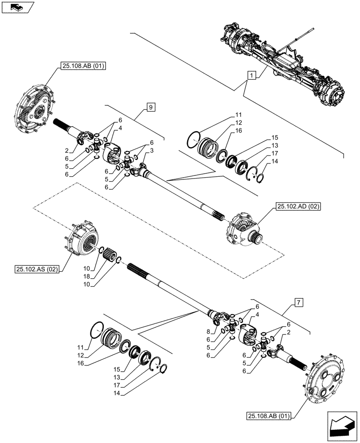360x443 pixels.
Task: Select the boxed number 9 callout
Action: [x=151, y=107]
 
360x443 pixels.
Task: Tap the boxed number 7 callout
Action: [x=299, y=303]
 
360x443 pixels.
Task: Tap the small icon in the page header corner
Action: [x=17, y=7]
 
